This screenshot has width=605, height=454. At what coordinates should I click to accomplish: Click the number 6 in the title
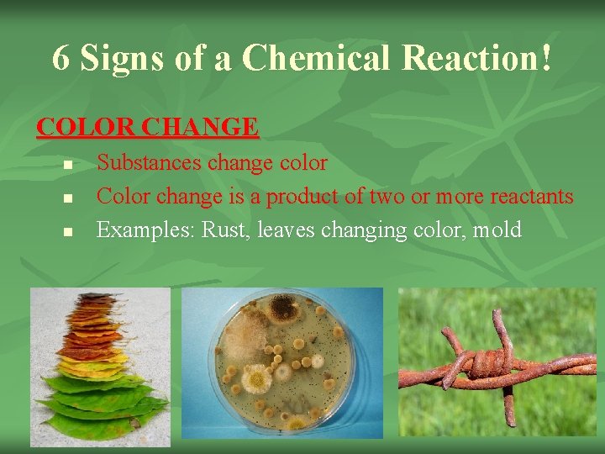60,57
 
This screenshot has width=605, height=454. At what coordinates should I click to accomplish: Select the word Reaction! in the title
478,57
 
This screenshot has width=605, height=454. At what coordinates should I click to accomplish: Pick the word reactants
525,196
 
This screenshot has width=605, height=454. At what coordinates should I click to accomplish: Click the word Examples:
147,230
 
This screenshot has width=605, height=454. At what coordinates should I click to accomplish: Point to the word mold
497,229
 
